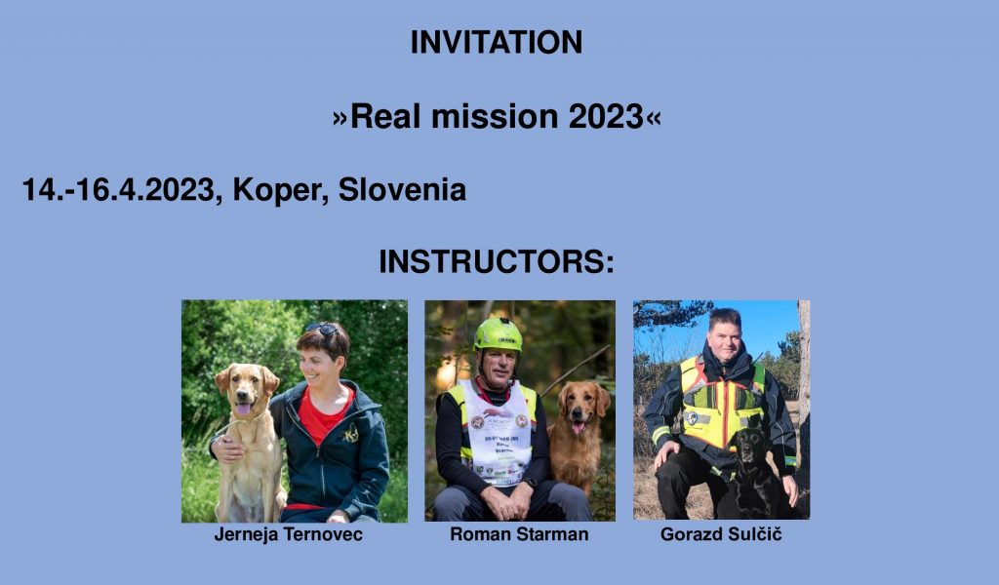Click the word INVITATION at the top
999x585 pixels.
click(497, 43)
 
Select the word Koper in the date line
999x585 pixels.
click(280, 190)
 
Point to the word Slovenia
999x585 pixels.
click(402, 190)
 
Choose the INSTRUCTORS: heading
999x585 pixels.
click(497, 261)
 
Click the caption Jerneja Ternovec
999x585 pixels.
click(289, 534)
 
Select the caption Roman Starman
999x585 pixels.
click(519, 534)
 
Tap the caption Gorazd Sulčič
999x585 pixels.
click(721, 533)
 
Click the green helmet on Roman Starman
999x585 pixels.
click(499, 334)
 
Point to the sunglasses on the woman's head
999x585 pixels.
click(322, 329)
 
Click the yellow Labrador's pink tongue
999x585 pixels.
click(243, 408)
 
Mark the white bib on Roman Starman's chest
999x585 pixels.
click(499, 433)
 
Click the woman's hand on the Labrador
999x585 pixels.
click(228, 448)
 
